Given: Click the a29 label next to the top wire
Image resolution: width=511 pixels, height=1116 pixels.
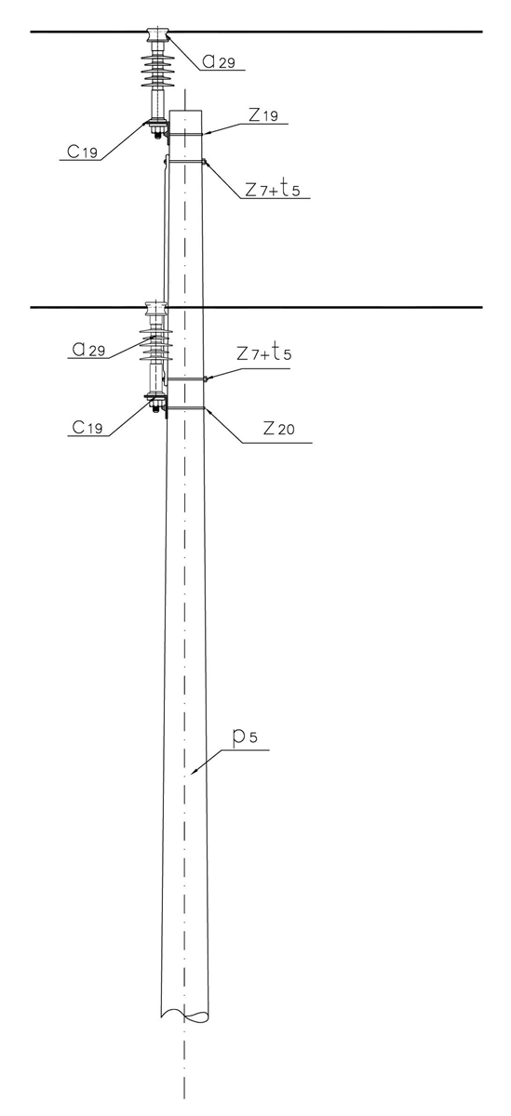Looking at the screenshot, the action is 219,61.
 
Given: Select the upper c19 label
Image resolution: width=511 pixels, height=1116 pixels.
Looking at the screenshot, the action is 83,151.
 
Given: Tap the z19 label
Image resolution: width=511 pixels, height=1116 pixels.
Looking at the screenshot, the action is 262,115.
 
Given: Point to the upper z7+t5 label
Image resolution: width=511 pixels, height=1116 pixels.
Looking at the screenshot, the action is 273,189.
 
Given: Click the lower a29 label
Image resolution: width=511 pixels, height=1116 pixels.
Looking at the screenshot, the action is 89,349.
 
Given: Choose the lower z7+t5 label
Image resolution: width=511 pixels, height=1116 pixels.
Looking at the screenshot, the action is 264,353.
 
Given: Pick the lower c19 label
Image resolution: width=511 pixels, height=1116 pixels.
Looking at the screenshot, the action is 87,427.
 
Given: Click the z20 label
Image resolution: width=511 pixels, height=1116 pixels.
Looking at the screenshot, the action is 278,428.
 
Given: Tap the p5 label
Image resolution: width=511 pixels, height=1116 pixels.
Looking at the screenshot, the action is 246,737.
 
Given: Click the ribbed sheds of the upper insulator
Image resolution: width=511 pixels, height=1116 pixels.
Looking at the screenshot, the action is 158,72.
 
